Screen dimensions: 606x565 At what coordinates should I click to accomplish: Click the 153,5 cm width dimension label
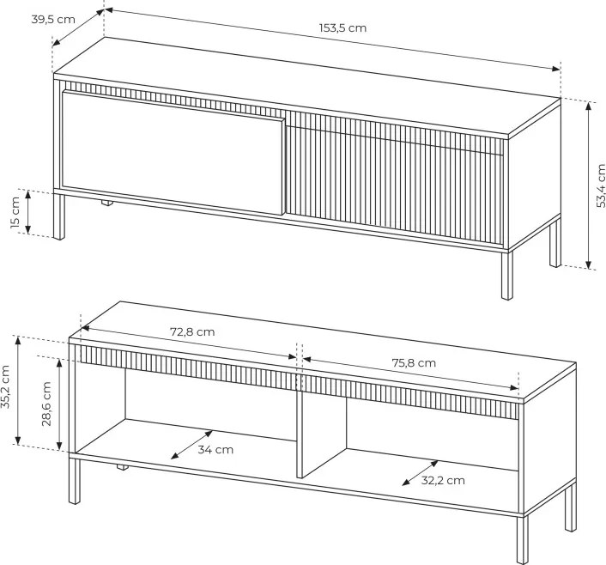(x=342, y=28)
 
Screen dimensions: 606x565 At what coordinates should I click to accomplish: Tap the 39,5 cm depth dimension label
(x=53, y=20)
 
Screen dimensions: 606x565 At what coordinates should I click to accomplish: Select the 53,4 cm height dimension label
(x=601, y=185)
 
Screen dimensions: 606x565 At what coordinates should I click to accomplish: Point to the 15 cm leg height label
(x=15, y=212)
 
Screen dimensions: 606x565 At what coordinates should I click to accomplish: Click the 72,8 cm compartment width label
(x=192, y=332)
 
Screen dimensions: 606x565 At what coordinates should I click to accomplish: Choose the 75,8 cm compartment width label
(x=414, y=363)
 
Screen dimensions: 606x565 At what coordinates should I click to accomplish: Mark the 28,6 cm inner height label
(x=46, y=404)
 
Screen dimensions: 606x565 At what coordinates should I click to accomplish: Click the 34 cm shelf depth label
(x=215, y=450)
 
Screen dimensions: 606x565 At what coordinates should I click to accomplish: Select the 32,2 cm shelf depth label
(x=443, y=481)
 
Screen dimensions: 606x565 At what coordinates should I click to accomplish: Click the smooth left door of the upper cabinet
(x=173, y=153)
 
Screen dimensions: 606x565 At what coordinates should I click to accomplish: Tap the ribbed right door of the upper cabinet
(x=394, y=178)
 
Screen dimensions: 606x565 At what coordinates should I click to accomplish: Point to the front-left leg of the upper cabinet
(x=59, y=216)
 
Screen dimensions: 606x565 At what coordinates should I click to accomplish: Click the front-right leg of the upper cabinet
(x=507, y=276)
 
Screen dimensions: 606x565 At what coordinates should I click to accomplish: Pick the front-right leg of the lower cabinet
(x=522, y=539)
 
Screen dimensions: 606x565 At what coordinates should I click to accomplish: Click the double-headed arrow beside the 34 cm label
(x=191, y=445)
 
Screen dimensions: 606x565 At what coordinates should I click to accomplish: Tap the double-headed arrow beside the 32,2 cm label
(x=420, y=472)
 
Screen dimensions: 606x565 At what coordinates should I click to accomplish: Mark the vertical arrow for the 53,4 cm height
(x=588, y=185)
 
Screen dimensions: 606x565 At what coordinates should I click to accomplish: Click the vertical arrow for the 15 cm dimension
(x=27, y=212)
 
